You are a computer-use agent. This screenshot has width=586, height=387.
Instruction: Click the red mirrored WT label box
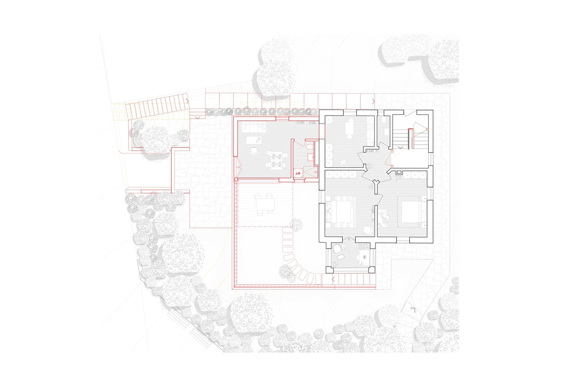pyautogui.click(x=298, y=173)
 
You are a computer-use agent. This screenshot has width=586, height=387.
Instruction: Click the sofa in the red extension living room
pyautogui.click(x=254, y=128)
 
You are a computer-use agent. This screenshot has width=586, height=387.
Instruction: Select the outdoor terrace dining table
pyautogui.click(x=265, y=204)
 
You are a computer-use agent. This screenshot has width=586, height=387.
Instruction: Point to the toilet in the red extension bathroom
pyautogui.click(x=309, y=147)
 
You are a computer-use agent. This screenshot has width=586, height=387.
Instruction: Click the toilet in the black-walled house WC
pyautogui.click(x=384, y=120)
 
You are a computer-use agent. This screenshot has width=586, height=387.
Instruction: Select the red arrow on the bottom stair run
pyautogui.click(x=333, y=280)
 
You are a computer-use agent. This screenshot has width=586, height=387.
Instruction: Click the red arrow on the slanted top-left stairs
pyautogui.click(x=188, y=101)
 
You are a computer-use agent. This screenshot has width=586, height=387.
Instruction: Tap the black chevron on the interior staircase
pyautogui.click(x=400, y=147)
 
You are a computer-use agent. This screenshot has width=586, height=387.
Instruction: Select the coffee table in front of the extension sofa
pyautogui.click(x=254, y=140)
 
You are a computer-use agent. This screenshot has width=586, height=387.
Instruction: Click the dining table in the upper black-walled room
pyautogui.click(x=349, y=128)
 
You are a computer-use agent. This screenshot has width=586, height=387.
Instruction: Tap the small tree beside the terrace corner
pyautogui.click(x=296, y=225)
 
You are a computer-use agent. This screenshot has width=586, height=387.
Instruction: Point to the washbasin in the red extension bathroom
pyautogui.click(x=310, y=157)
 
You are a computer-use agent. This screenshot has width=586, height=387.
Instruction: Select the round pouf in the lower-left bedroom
pyautogui.click(x=367, y=230)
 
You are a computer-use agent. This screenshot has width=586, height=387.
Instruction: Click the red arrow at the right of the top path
pyautogui.click(x=373, y=101)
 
